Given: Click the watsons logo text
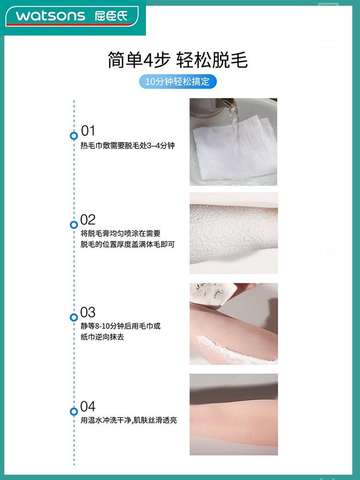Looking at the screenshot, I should click(x=50, y=16).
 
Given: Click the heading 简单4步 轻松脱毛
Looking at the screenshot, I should click(x=178, y=61).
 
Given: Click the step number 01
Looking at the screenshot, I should click(x=88, y=131).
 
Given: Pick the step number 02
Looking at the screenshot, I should click(x=88, y=220).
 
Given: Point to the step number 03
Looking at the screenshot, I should click(x=88, y=312).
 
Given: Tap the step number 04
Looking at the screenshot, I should click(x=88, y=407).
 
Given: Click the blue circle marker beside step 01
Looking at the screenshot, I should click(x=73, y=135).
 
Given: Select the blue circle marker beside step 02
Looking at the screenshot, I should click(x=73, y=225).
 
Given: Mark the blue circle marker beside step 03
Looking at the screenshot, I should click(x=73, y=317).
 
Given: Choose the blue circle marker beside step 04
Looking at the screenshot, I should click(x=73, y=411).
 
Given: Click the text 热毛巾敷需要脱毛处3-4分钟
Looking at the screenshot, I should click(x=127, y=145).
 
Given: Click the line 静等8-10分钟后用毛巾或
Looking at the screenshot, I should click(x=120, y=326).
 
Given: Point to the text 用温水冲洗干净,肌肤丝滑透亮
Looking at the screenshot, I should click(x=129, y=420).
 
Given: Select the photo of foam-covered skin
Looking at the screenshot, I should click(x=233, y=233).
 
